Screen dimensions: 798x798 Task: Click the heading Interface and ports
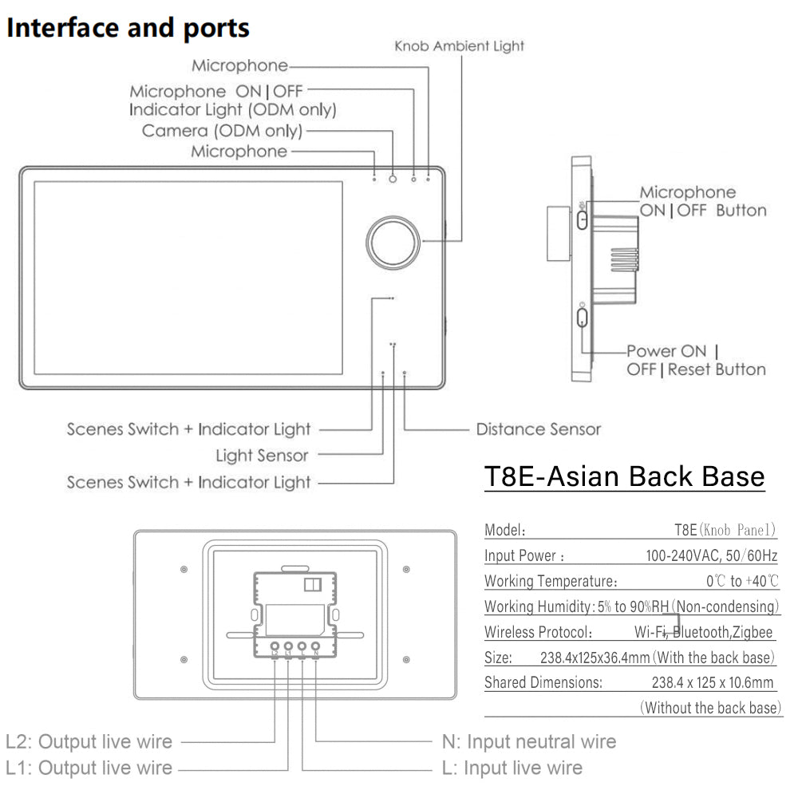128,28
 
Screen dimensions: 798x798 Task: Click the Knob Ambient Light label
460,46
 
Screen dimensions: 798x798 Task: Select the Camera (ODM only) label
222,130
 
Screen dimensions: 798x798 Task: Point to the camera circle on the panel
393,179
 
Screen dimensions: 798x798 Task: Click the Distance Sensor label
538,429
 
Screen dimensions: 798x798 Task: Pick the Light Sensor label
262,456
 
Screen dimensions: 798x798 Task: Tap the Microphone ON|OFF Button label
702,201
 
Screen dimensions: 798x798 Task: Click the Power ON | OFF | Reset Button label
694,360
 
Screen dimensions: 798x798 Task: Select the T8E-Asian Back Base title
624,476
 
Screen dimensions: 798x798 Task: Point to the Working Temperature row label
551,581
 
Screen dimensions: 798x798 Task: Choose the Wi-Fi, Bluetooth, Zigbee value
703,632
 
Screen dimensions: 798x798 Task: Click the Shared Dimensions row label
543,682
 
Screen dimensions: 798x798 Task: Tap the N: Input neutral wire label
528,741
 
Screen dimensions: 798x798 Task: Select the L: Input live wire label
512,768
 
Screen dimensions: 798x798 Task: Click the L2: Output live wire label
89,741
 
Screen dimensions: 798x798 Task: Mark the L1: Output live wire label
89,768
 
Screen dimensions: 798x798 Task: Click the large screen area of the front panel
188,277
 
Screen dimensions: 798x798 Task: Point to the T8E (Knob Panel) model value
725,530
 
